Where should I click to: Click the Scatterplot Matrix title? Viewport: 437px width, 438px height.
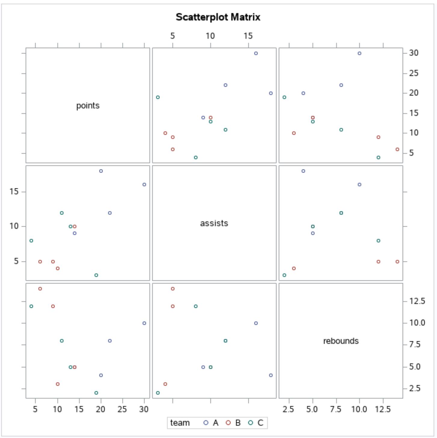click(218, 17)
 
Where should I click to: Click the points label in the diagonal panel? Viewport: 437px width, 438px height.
click(88, 106)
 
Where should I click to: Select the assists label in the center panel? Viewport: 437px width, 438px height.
click(214, 223)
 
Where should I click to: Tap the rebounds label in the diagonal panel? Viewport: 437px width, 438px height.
click(341, 341)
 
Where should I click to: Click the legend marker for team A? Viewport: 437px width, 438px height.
click(206, 423)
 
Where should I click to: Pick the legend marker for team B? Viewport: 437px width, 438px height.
click(228, 423)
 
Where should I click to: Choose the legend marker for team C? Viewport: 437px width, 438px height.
click(251, 423)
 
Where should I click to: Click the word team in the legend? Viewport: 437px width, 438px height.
click(180, 423)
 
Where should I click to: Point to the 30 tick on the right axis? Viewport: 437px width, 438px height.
click(414, 53)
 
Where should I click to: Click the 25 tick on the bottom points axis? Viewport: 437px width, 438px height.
click(122, 409)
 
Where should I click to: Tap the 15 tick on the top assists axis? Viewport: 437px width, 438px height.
click(248, 36)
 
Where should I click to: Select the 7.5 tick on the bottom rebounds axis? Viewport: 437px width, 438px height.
click(336, 409)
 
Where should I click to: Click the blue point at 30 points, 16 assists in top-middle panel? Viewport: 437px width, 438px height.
click(256, 53)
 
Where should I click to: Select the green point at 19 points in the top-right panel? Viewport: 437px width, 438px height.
click(285, 97)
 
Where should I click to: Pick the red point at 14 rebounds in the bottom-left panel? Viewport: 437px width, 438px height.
click(40, 289)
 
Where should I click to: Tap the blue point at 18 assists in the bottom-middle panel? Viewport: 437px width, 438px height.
click(271, 375)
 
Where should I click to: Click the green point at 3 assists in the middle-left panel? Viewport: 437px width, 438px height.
click(96, 275)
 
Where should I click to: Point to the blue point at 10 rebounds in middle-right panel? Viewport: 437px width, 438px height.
click(359, 184)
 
